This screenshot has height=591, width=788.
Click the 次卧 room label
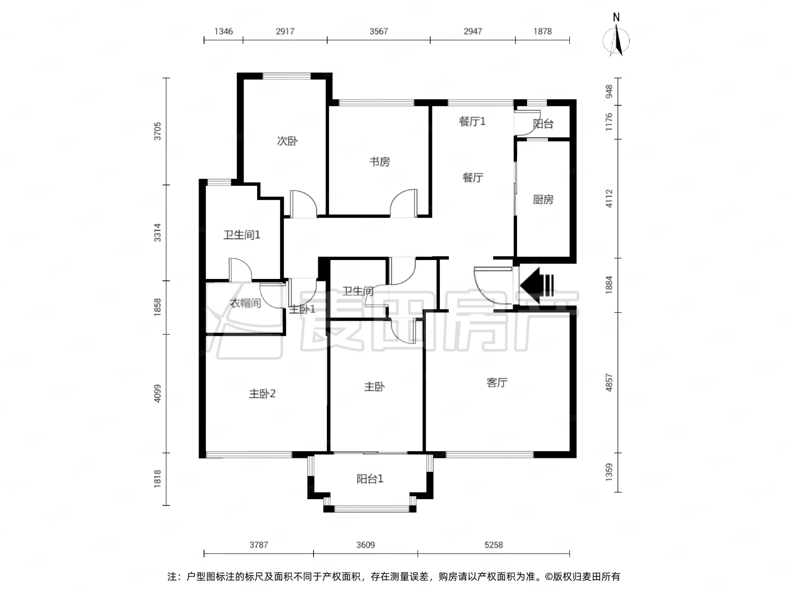(287, 141)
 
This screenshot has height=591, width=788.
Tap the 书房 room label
(380, 162)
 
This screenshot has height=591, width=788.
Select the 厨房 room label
(543, 200)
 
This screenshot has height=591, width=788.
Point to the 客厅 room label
(496, 383)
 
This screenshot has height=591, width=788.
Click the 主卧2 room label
(262, 394)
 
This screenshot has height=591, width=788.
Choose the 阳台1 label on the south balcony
(370, 479)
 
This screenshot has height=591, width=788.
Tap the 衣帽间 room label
(246, 303)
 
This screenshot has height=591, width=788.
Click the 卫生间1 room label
(241, 235)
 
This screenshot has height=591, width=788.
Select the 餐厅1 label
(472, 121)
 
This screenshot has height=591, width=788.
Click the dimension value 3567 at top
(378, 31)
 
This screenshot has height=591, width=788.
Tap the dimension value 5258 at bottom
(493, 545)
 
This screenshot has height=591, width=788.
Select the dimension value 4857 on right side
(609, 383)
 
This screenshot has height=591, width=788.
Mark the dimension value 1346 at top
(223, 31)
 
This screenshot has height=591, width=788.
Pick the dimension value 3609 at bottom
(366, 545)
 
